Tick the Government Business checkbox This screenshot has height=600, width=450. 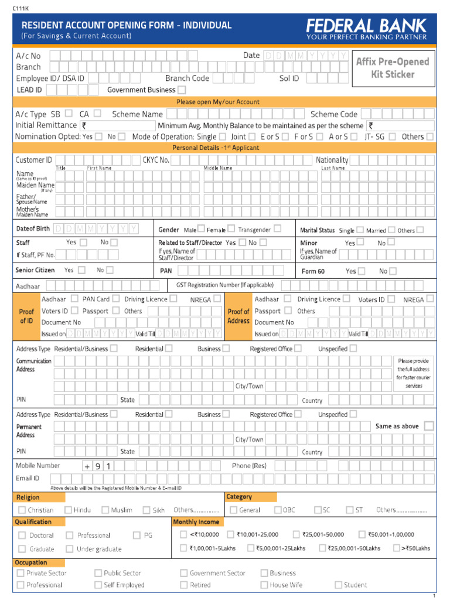pyautogui.click(x=182, y=90)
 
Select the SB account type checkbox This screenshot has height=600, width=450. pyautogui.click(x=69, y=114)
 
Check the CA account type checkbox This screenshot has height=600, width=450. pyautogui.click(x=97, y=114)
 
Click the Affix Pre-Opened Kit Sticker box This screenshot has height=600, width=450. pyautogui.click(x=392, y=68)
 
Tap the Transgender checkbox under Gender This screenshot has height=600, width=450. pyautogui.click(x=277, y=229)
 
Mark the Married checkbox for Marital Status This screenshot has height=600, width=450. pyautogui.click(x=391, y=230)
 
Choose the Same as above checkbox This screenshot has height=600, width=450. pyautogui.click(x=429, y=426)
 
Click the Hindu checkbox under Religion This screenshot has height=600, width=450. pyautogui.click(x=69, y=510)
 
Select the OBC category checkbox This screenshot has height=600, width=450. pyautogui.click(x=278, y=510)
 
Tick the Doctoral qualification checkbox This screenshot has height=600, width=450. pyautogui.click(x=22, y=535)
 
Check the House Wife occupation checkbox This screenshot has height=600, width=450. pyautogui.click(x=264, y=585)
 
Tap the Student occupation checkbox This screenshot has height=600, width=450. pyautogui.click(x=338, y=585)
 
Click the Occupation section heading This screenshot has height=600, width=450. pyautogui.click(x=31, y=562)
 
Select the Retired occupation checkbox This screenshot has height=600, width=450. pyautogui.click(x=183, y=585)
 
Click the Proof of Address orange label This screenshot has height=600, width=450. pyautogui.click(x=238, y=316)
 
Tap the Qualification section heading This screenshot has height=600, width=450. pyautogui.click(x=33, y=521)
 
